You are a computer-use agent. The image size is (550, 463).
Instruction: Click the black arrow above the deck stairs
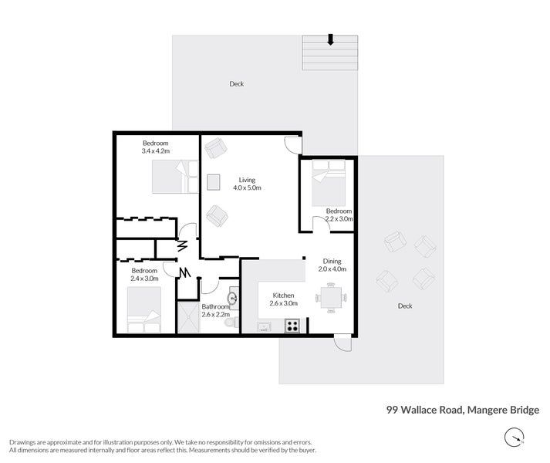tap(330, 39)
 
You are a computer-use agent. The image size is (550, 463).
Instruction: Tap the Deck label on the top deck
tap(236, 84)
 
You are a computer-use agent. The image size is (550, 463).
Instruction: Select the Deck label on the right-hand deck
tap(404, 306)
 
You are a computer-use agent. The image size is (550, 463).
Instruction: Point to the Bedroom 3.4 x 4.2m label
tap(155, 147)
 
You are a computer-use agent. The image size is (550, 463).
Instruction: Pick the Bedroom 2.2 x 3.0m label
tap(339, 215)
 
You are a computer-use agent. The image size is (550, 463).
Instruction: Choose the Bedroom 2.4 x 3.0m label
tap(144, 274)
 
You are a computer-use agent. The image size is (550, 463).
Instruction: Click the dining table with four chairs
tap(330, 298)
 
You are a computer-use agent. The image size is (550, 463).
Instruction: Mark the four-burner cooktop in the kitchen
tap(292, 326)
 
